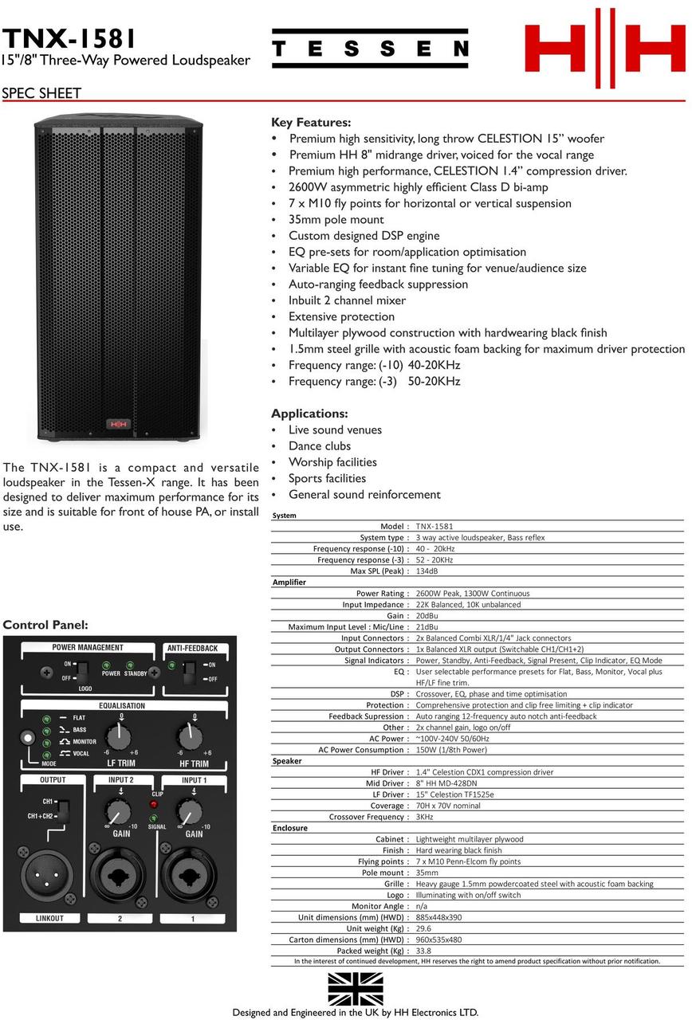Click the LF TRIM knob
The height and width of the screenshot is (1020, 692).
[x=119, y=737]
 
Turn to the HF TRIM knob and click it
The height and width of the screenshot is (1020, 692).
[x=190, y=737]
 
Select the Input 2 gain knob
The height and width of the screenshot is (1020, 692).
[x=119, y=814]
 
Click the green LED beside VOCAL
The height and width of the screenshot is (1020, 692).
[x=47, y=753]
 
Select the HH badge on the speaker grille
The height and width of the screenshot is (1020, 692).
[x=118, y=424]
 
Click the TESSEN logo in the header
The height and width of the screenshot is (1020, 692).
[x=370, y=49]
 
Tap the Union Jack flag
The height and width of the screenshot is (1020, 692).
[x=356, y=988]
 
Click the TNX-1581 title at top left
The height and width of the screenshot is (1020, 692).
[x=69, y=37]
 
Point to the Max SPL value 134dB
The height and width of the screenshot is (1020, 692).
[x=427, y=571]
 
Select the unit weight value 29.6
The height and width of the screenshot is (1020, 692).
[x=423, y=928]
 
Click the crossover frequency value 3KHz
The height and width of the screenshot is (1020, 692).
[x=425, y=817]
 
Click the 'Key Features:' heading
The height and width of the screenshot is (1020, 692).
[x=311, y=123]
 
